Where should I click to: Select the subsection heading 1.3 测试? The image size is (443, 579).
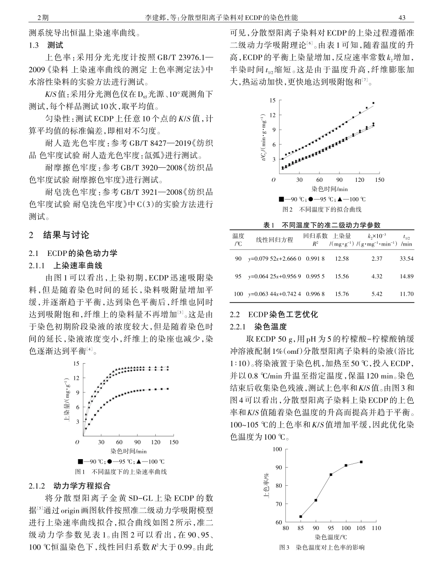[x=49, y=46]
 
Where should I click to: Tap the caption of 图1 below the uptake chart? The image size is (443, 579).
[x=121, y=472]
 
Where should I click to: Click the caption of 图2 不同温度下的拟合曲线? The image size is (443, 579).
[x=322, y=210]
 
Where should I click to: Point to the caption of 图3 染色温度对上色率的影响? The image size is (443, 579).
[x=321, y=547]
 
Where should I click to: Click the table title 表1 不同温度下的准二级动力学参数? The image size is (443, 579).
[x=322, y=225]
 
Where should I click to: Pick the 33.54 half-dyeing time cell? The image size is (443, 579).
[x=406, y=259]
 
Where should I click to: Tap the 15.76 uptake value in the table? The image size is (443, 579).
[x=342, y=294]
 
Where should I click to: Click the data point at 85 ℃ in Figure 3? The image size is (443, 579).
[x=301, y=517]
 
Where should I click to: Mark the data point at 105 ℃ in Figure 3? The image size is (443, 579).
[x=361, y=462]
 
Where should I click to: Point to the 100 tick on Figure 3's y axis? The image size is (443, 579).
[x=278, y=449]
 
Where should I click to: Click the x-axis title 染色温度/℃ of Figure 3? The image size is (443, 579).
[x=331, y=537]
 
